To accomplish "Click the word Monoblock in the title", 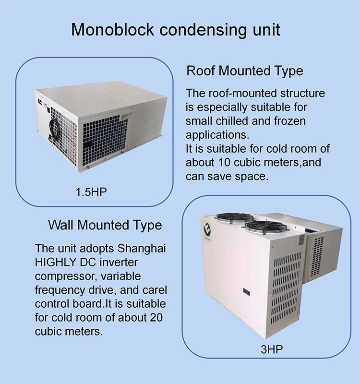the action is click(113, 30).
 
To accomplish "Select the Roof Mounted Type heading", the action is click(245, 71).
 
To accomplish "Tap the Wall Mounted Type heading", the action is click(105, 225).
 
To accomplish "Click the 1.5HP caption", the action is click(91, 192).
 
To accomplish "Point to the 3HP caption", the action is click(272, 349).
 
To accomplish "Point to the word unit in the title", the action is click(264, 30).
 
